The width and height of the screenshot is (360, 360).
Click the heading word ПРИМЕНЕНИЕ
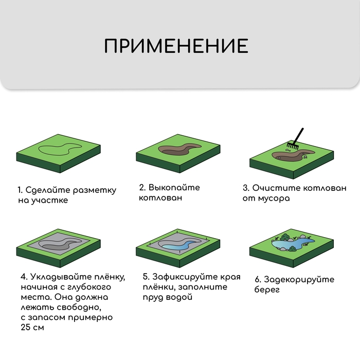coord(176,46)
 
